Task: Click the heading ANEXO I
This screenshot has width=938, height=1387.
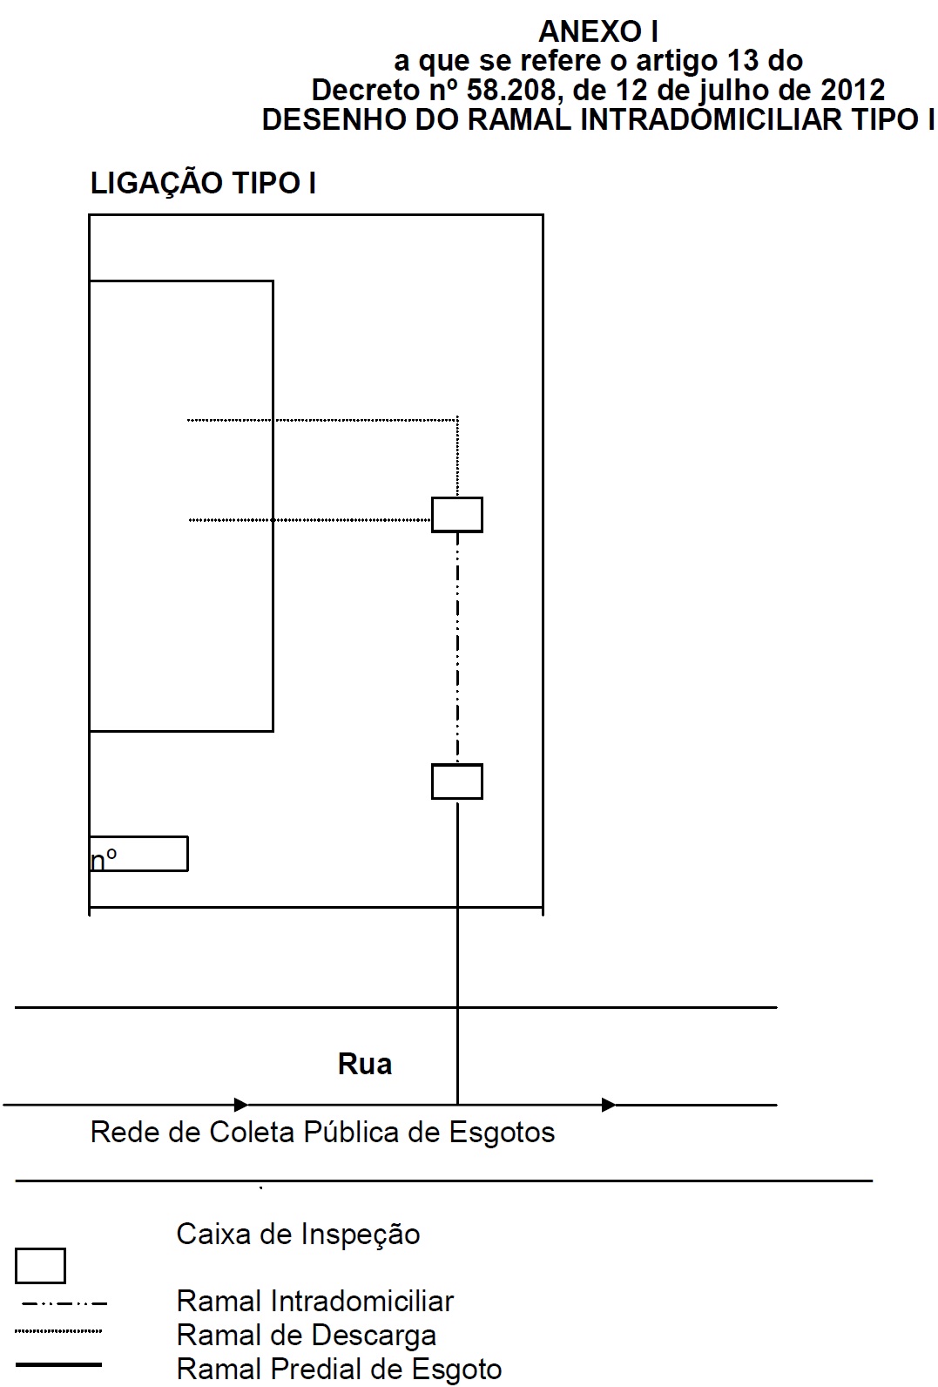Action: tap(597, 32)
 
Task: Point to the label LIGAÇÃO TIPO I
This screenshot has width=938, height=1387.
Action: tap(203, 184)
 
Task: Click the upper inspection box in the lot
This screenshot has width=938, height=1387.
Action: tap(457, 515)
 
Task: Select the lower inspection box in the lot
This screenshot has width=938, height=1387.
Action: tap(457, 781)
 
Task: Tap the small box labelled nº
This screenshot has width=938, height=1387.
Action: tap(138, 855)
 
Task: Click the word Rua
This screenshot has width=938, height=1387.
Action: tap(365, 1065)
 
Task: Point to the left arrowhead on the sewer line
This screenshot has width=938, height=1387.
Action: tap(241, 1105)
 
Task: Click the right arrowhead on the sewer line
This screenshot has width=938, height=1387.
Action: tap(609, 1105)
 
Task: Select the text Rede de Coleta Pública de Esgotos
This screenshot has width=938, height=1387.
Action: tap(322, 1133)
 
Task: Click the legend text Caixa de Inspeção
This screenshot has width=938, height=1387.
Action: tap(298, 1235)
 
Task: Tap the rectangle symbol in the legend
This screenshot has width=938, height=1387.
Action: tap(40, 1266)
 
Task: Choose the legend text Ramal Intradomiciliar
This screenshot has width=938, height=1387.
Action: tap(314, 1302)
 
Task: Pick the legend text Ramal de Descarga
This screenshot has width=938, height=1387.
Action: tap(306, 1336)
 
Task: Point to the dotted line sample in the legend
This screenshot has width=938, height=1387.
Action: tap(58, 1331)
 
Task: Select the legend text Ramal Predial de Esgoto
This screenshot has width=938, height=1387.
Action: tap(339, 1370)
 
